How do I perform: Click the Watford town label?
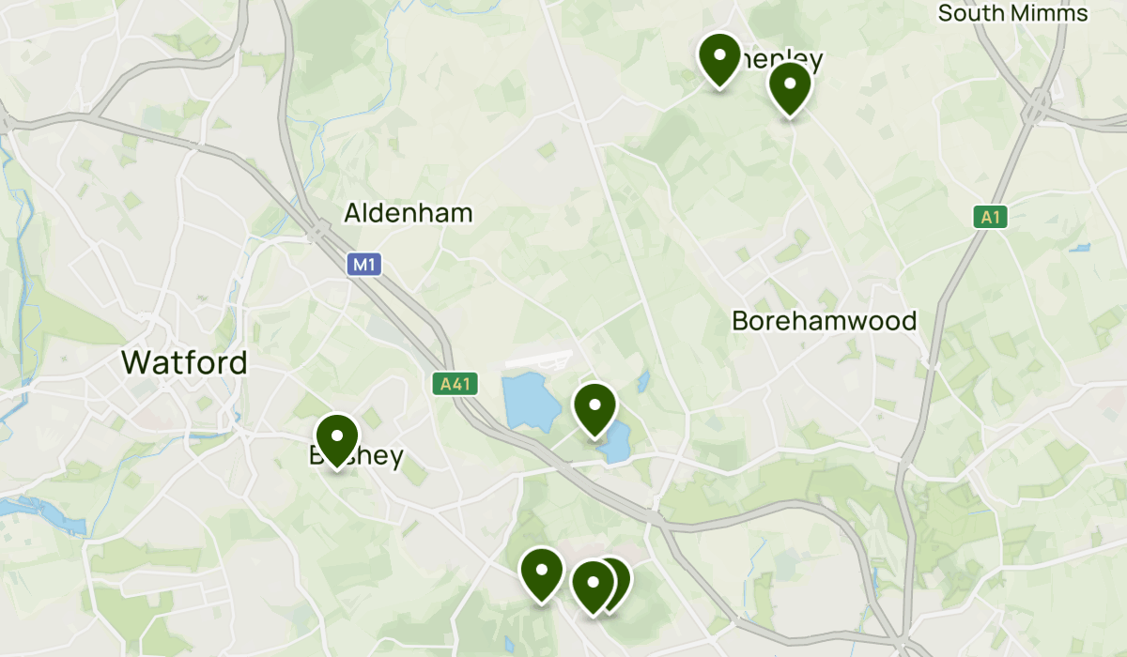coord(184,362)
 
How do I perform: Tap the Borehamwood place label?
coord(824,321)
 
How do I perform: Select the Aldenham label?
coord(408,213)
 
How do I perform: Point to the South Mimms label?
coord(1012,13)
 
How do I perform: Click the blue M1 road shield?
coord(363,265)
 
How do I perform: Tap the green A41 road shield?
coord(456,383)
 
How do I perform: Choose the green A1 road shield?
coord(989,218)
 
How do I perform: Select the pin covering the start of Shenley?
coord(719,58)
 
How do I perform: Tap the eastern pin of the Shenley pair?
coord(790,87)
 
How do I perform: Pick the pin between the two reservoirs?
coord(594,408)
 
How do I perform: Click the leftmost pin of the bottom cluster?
coord(542,573)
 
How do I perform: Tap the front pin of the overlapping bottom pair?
coord(593,585)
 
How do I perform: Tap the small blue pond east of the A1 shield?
coord(1080,249)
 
